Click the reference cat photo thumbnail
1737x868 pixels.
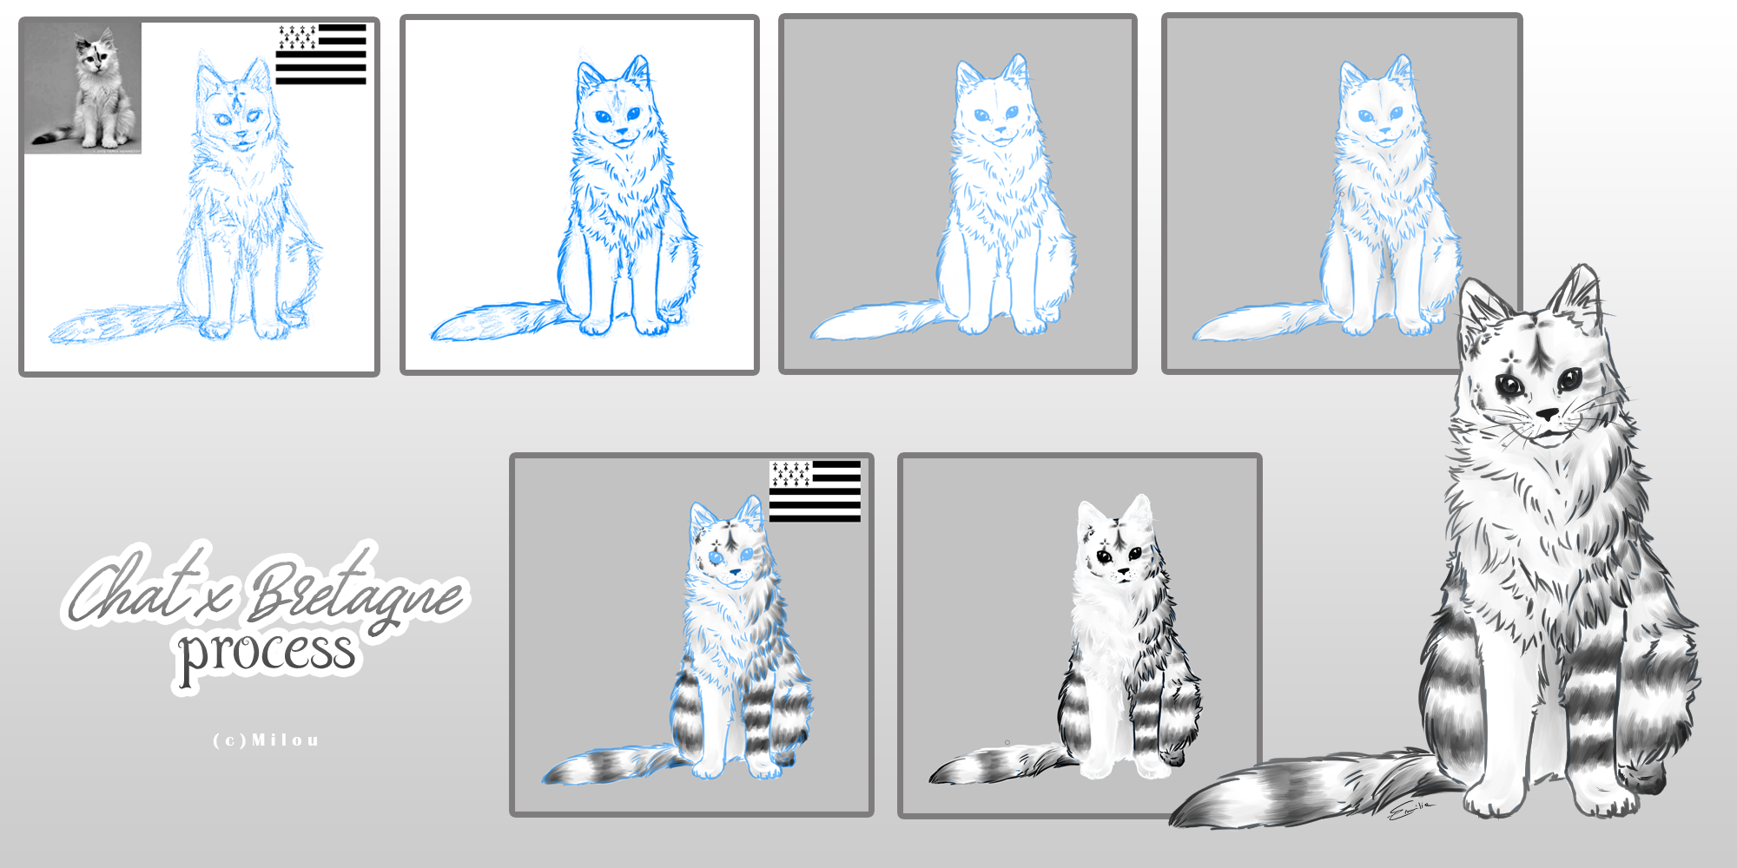click(83, 87)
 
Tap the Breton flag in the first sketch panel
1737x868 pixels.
click(321, 54)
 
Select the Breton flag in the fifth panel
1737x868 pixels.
click(815, 491)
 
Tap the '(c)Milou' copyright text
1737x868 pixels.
click(267, 740)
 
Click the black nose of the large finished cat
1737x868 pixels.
click(1548, 415)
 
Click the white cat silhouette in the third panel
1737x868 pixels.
click(999, 217)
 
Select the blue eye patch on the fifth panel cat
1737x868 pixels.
click(716, 556)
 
